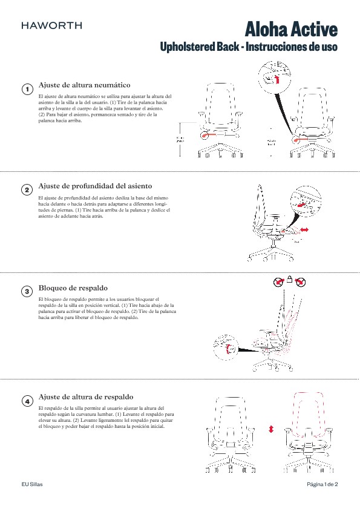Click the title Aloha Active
pos(291,29)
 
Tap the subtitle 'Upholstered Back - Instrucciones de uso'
pos(248,47)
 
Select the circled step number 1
pos(27,90)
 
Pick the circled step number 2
pos(27,190)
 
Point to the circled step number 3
pos(27,291)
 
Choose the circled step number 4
pos(27,401)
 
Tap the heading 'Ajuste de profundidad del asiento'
pos(95,185)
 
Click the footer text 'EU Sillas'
pos(32,485)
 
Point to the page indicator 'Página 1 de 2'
pos(322,485)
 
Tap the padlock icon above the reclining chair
pos(290,280)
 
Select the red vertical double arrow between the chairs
pos(271,428)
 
